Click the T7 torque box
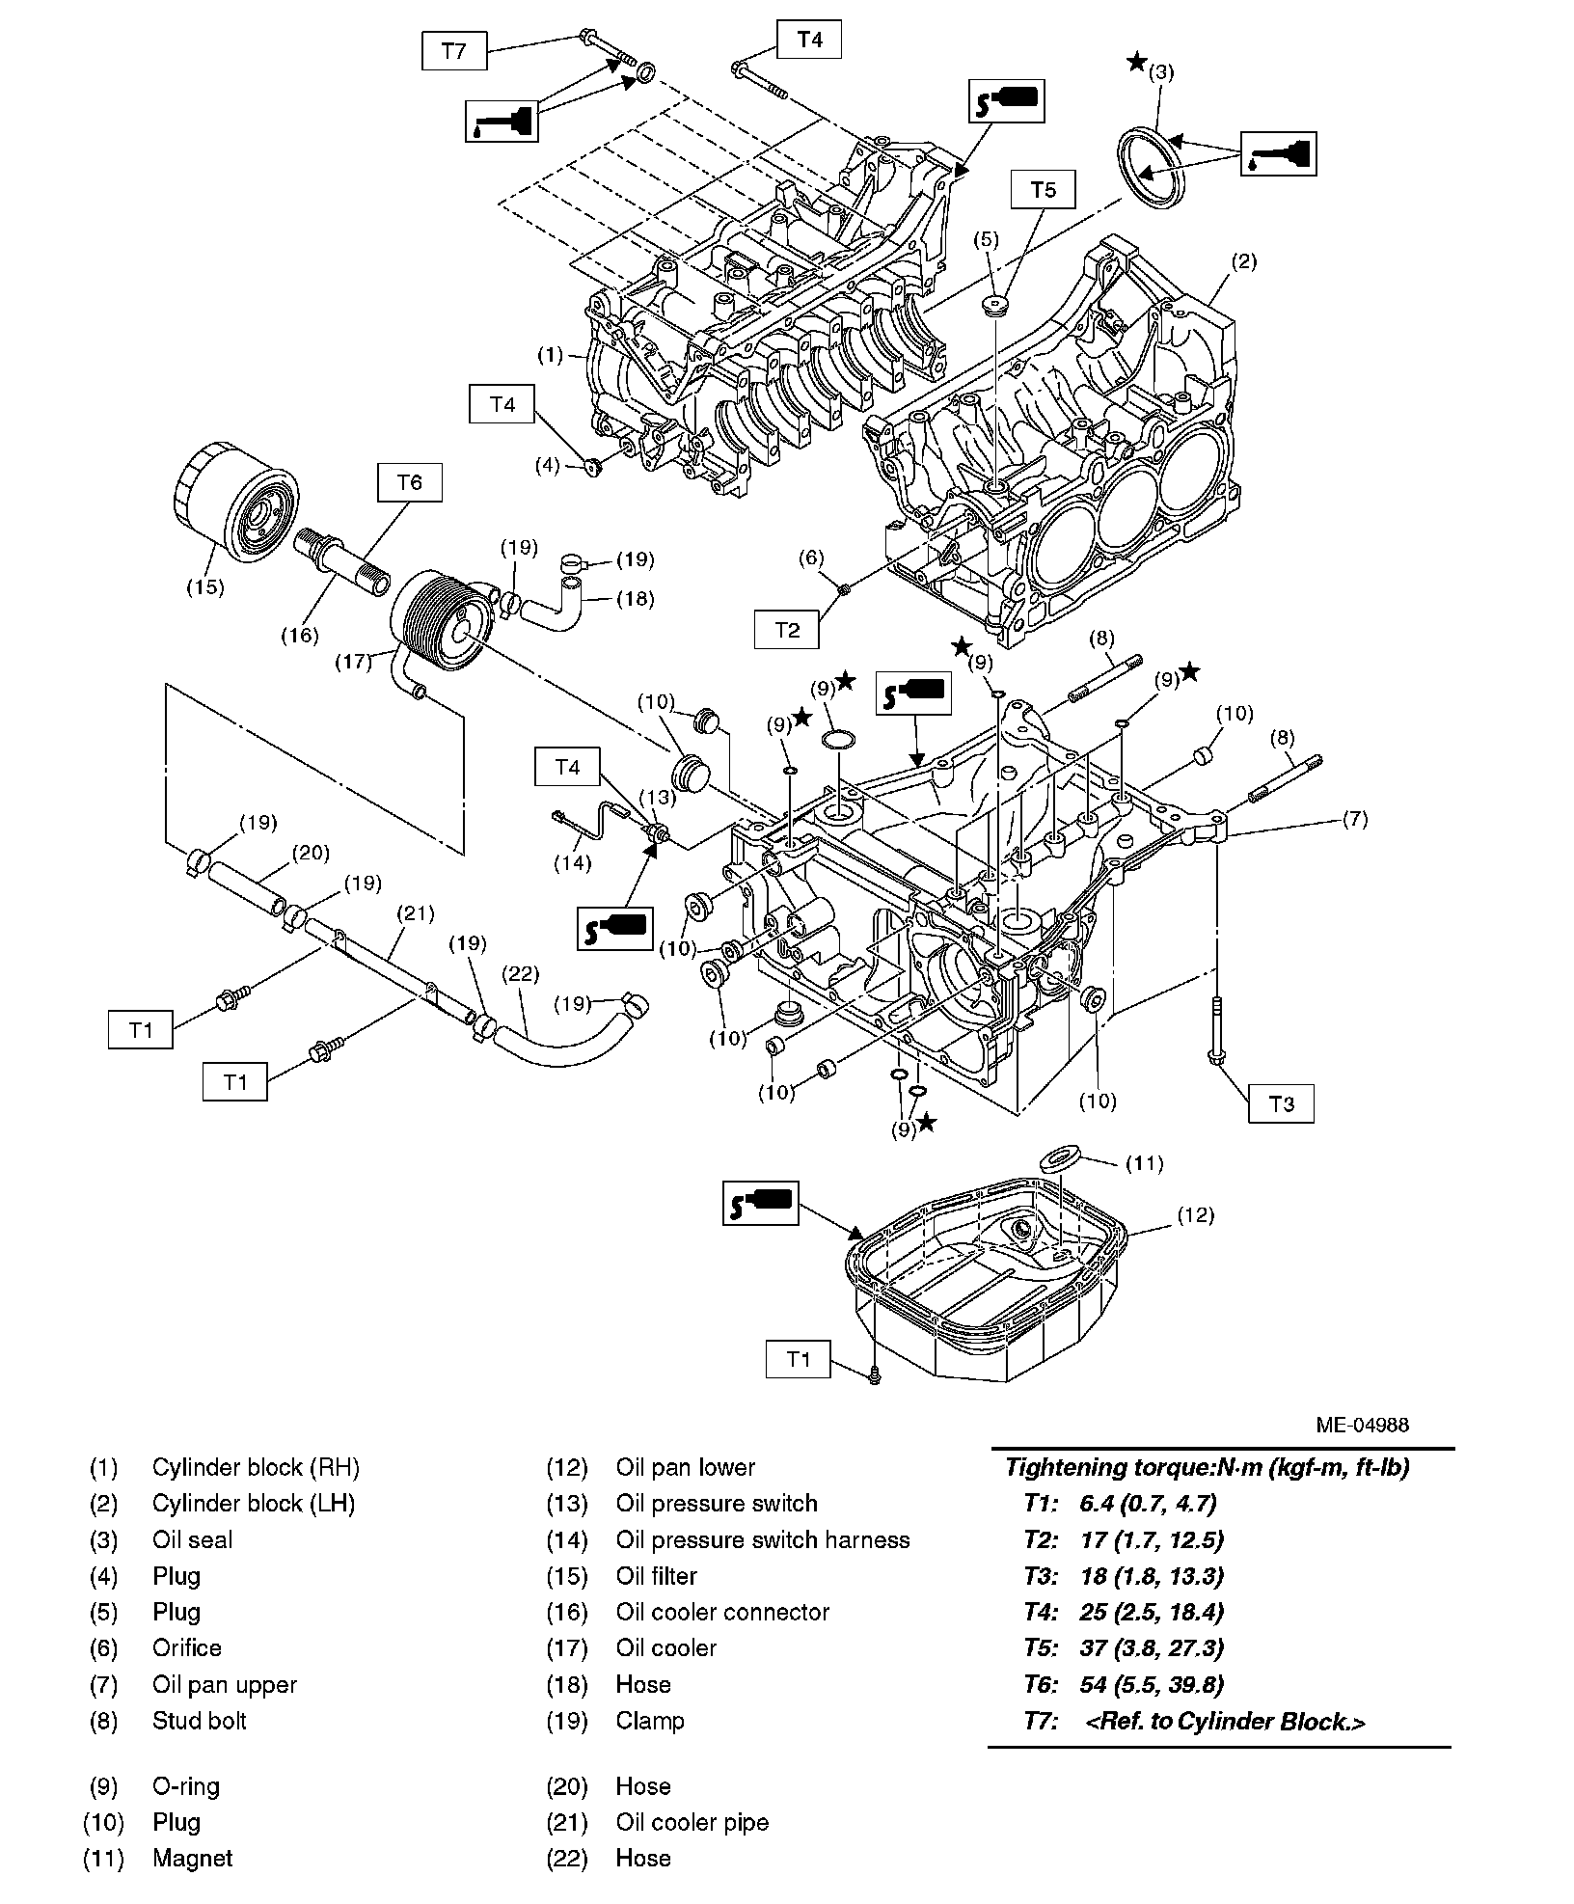click(454, 50)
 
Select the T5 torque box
click(1044, 190)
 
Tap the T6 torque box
click(410, 482)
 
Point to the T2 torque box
click(787, 630)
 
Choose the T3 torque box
click(1281, 1103)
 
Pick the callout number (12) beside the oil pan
click(1195, 1215)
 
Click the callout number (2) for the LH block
click(1244, 261)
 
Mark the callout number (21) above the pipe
click(416, 912)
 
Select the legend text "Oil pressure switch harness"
click(763, 1540)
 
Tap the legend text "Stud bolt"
click(200, 1721)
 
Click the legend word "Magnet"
click(192, 1859)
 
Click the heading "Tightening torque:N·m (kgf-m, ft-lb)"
click(1208, 1468)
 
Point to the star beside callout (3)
click(1137, 64)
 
